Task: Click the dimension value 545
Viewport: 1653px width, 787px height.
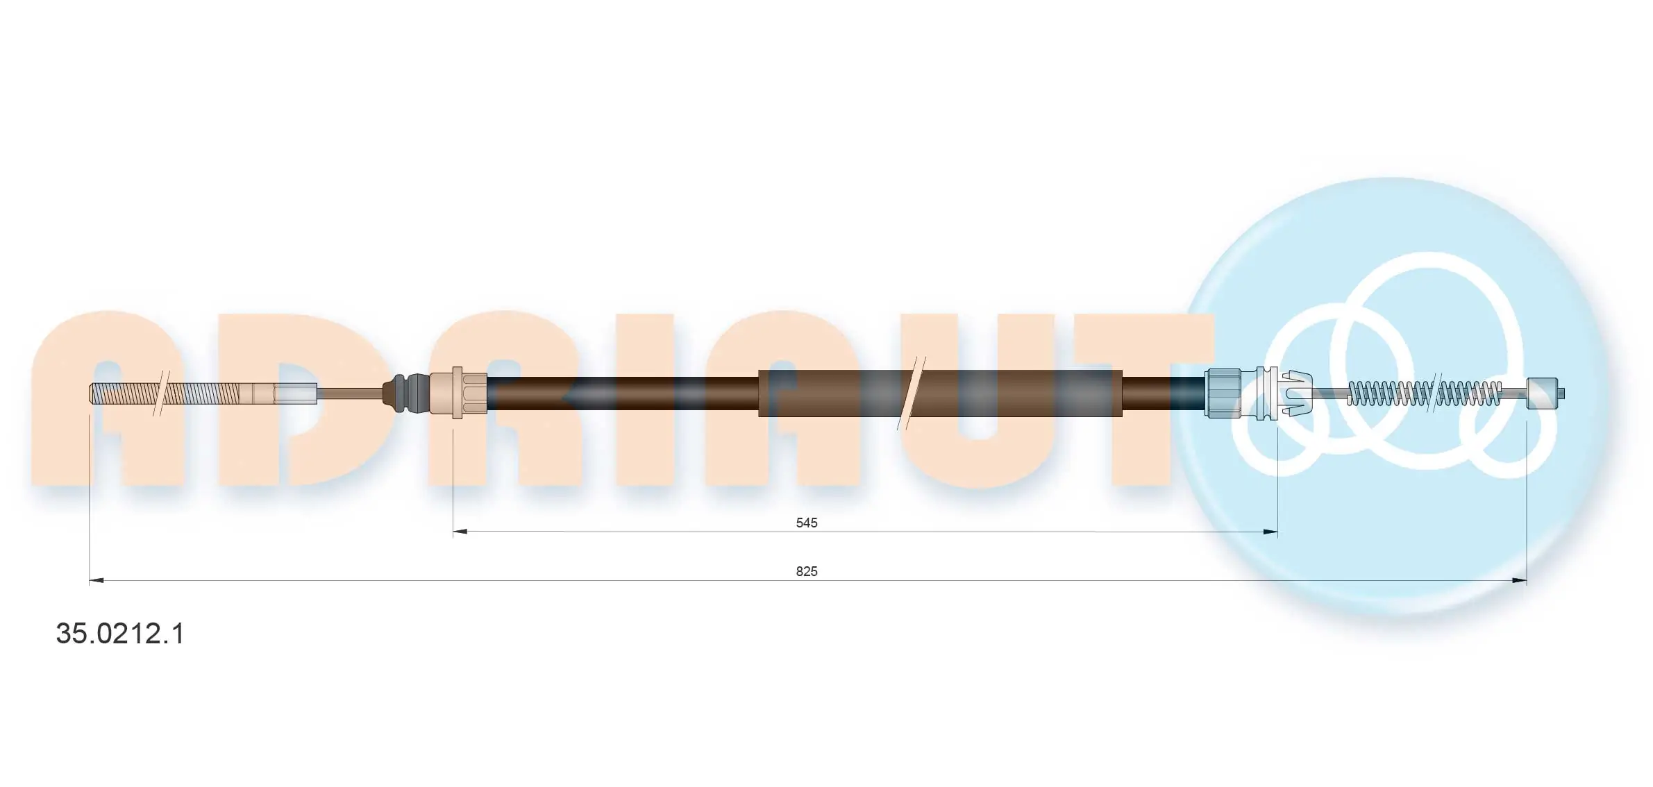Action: [x=806, y=523]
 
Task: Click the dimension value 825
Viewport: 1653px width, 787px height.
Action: [x=806, y=571]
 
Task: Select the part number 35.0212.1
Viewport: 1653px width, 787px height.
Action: [x=120, y=634]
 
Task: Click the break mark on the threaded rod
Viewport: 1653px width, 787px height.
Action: [x=160, y=393]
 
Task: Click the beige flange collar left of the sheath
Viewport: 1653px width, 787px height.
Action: [x=457, y=393]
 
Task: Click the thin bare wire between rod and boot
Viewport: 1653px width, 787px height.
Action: [x=351, y=393]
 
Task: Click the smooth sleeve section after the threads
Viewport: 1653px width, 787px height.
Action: [x=278, y=393]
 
